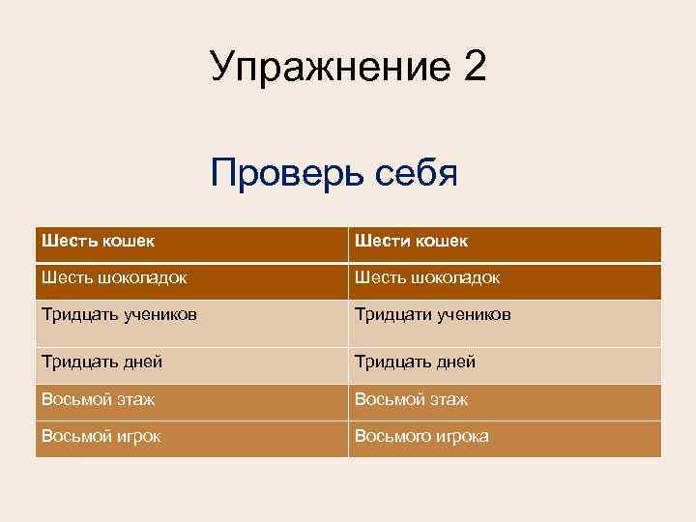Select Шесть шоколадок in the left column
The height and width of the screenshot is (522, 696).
[114, 277]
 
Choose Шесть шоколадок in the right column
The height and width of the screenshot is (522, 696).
[427, 277]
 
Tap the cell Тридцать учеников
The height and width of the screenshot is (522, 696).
[121, 314]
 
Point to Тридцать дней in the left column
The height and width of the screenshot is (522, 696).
[101, 362]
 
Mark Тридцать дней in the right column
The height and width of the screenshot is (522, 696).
[415, 362]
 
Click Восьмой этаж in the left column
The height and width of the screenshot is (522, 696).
[98, 398]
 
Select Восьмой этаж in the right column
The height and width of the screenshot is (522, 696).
[411, 398]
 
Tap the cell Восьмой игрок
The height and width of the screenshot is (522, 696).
[101, 436]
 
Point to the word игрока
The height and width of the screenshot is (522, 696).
[462, 436]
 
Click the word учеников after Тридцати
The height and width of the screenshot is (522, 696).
[473, 314]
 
